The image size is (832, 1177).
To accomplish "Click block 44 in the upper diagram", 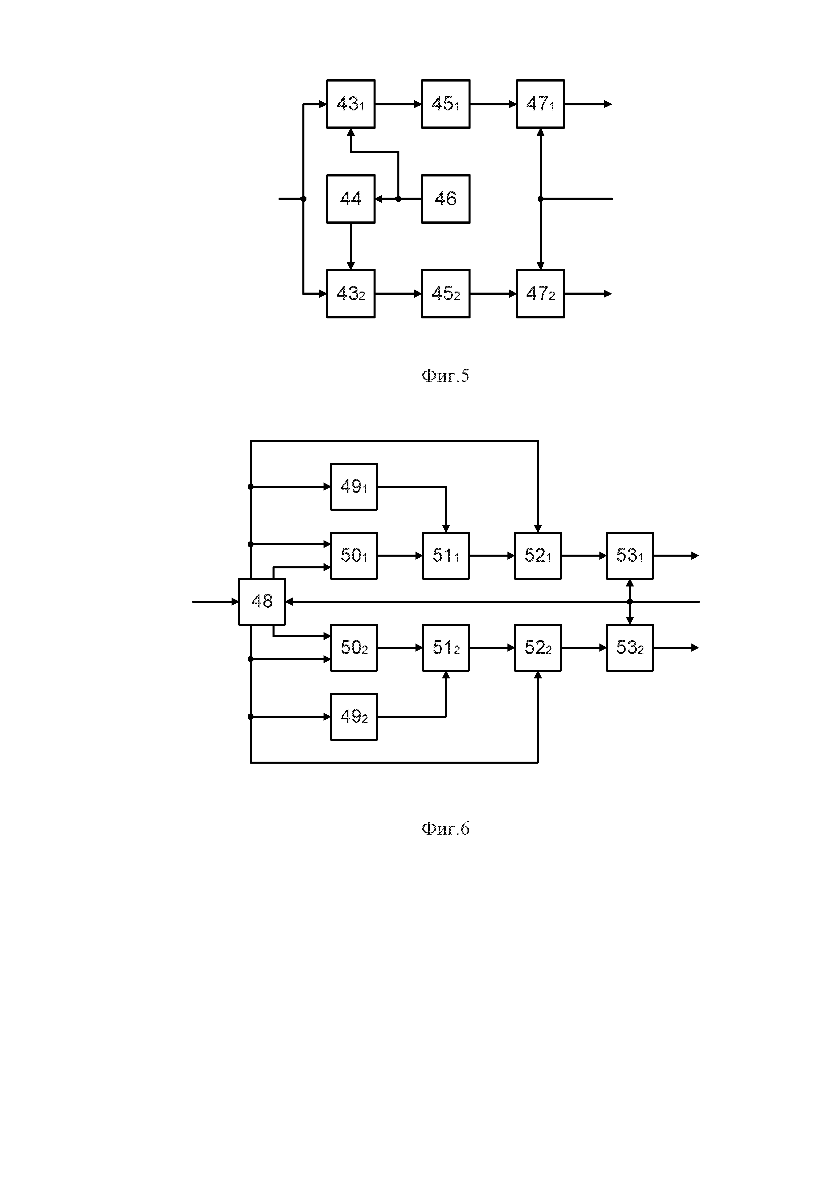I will pyautogui.click(x=351, y=199).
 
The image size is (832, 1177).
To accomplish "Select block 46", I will pyautogui.click(x=445, y=199).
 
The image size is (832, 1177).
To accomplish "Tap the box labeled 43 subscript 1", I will pyautogui.click(x=351, y=104).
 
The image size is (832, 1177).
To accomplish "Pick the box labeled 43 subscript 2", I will pyautogui.click(x=351, y=294).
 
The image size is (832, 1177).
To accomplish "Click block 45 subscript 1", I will pyautogui.click(x=445, y=104).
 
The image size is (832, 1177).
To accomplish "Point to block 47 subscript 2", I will pyautogui.click(x=540, y=294).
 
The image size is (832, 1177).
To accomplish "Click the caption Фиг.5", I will pyautogui.click(x=445, y=376).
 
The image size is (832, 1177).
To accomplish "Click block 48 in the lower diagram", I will pyautogui.click(x=262, y=601).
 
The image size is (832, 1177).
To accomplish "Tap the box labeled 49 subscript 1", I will pyautogui.click(x=354, y=487).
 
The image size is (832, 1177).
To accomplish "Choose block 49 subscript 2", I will pyautogui.click(x=354, y=717).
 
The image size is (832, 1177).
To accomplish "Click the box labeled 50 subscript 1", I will pyautogui.click(x=354, y=556).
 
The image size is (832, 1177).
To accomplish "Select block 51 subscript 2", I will pyautogui.click(x=445, y=648).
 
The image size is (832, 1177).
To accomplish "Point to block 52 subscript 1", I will pyautogui.click(x=538, y=556).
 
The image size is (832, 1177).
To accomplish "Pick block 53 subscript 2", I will pyautogui.click(x=630, y=648).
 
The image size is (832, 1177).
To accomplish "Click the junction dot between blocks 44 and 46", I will pyautogui.click(x=398, y=199).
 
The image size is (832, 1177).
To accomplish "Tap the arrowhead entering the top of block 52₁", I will pyautogui.click(x=538, y=528).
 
